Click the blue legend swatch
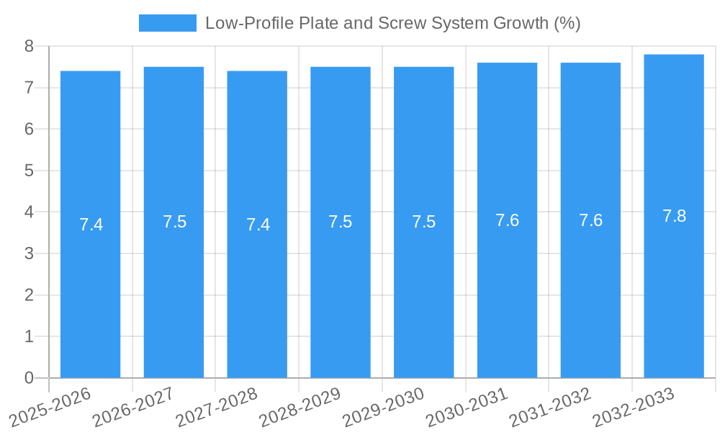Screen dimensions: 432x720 coord(167,23)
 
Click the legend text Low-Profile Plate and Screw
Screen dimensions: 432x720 coord(393,23)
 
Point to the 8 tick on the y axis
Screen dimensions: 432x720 coord(29,46)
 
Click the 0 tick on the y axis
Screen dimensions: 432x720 coord(29,378)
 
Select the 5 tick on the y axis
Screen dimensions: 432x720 coord(29,171)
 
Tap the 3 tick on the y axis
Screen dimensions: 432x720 coord(29,253)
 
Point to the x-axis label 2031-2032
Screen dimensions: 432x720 coord(550,406)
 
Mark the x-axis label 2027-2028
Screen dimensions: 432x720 coord(217,406)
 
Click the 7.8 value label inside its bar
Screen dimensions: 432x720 coord(674,216)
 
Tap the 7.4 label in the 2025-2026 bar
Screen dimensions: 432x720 coord(91,225)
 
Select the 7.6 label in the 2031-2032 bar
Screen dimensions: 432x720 coord(590,220)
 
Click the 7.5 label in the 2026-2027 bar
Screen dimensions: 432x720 coord(174,222)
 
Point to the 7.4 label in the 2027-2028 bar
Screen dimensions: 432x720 coord(258,225)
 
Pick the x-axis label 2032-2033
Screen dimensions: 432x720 coord(634,406)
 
